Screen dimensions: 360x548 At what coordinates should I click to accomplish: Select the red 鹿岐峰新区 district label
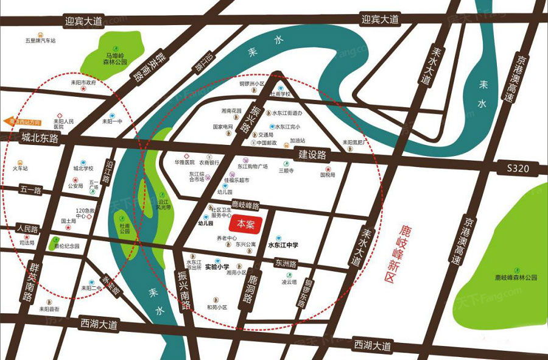[x=402, y=253]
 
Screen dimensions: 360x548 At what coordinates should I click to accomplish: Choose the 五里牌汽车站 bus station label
[x=40, y=41]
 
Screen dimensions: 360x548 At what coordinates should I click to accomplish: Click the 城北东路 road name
[x=39, y=138]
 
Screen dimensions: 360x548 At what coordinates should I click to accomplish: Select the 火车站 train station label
[x=21, y=168]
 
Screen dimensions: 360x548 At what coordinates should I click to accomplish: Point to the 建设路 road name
[x=312, y=155]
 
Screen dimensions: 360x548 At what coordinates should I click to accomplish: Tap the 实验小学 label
[x=216, y=266]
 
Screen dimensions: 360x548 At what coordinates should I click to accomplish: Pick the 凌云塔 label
[x=288, y=282]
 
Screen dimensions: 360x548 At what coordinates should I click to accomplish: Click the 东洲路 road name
[x=284, y=264]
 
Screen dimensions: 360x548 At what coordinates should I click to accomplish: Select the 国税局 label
[x=328, y=174]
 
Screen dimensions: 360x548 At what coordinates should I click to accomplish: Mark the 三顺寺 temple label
[x=286, y=171]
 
